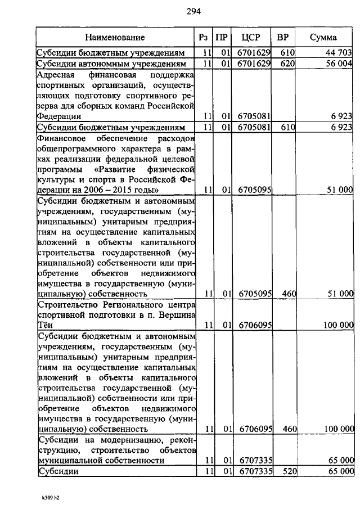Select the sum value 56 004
[x=339, y=64]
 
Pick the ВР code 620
[x=288, y=64]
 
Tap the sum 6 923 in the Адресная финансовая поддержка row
[x=342, y=116]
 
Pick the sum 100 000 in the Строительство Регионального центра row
[x=339, y=325]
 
